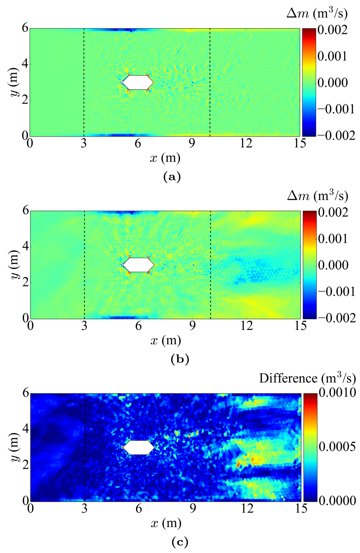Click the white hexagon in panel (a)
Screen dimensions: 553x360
coord(138,82)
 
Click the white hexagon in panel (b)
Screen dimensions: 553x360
coord(138,265)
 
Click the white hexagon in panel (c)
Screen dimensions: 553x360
coord(138,447)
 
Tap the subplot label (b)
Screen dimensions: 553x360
coord(180,359)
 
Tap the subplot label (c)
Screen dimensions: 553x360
coord(180,542)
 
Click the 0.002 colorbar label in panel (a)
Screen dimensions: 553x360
coord(333,30)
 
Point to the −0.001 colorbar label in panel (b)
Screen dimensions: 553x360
coord(337,291)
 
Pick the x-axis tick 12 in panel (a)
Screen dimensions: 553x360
coord(246,143)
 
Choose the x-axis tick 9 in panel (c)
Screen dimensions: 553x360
coord(193,508)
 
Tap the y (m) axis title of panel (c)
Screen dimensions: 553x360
coord(15,447)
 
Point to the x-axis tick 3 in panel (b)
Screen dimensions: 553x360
coord(84,326)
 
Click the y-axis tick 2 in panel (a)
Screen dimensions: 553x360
coord(25,100)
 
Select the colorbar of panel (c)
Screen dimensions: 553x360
coord(310,447)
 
